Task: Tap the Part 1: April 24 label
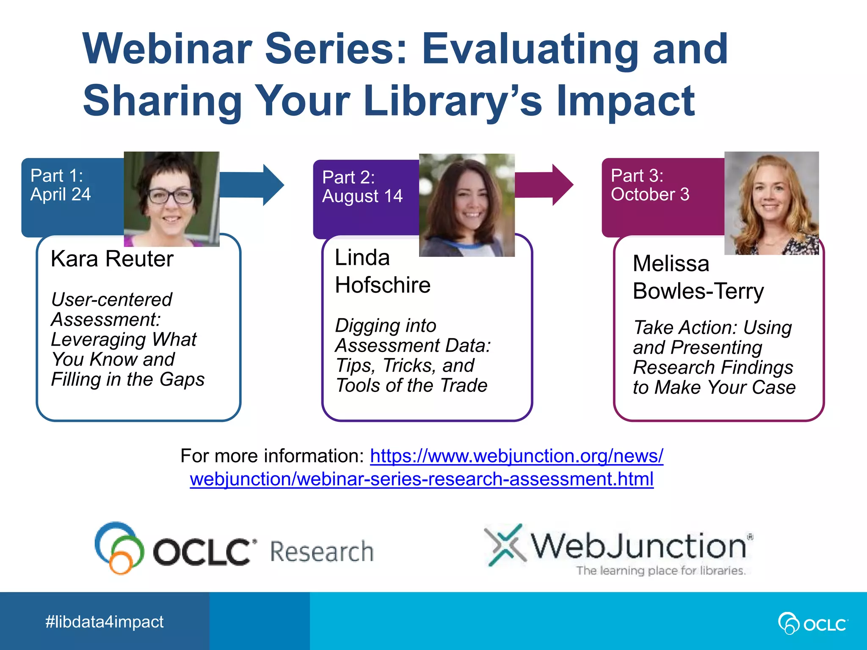click(x=61, y=185)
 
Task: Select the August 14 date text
click(x=362, y=196)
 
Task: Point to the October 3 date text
click(x=650, y=194)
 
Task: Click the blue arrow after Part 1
click(x=254, y=185)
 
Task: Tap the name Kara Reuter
click(x=112, y=259)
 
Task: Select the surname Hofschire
click(x=383, y=285)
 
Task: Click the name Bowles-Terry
click(x=698, y=291)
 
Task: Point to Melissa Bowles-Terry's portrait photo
click(x=771, y=203)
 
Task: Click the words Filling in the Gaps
click(x=127, y=379)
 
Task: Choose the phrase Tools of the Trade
click(x=411, y=386)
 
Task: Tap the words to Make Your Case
click(x=714, y=388)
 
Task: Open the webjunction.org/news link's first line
click(x=516, y=456)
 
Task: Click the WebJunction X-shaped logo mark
click(x=505, y=545)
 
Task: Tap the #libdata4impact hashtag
click(x=104, y=622)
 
